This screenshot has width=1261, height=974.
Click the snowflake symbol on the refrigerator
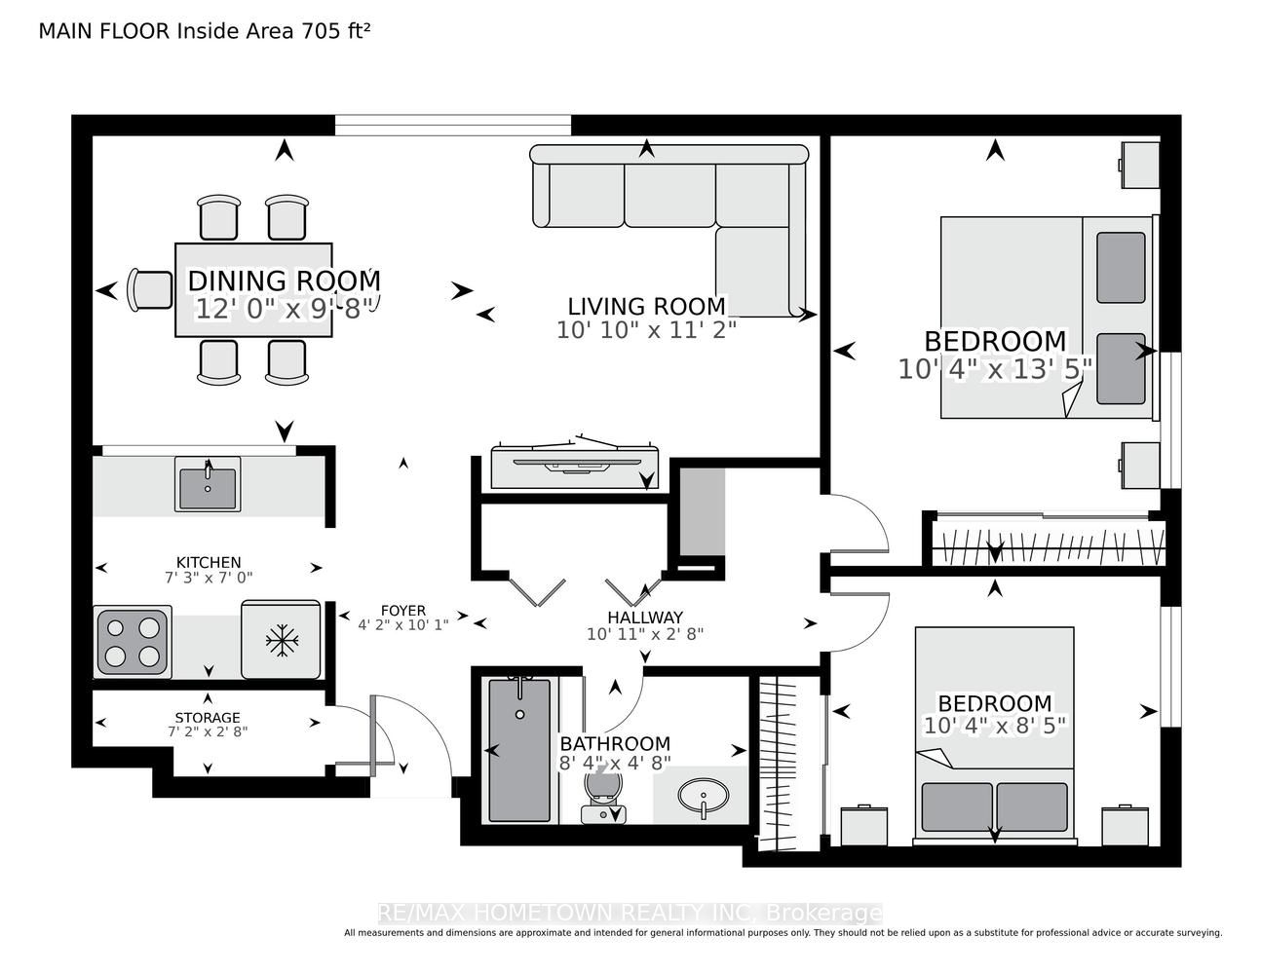pyautogui.click(x=282, y=640)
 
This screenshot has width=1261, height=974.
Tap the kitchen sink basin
pyautogui.click(x=208, y=488)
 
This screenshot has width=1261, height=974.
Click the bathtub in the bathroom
pyautogui.click(x=519, y=750)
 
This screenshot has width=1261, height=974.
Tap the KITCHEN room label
pyautogui.click(x=209, y=562)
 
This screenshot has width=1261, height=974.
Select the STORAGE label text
pyautogui.click(x=208, y=718)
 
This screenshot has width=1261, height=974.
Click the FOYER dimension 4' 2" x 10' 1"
pyautogui.click(x=403, y=625)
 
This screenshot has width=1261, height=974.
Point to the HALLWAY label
pyautogui.click(x=645, y=618)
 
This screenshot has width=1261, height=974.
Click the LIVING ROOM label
pyautogui.click(x=646, y=306)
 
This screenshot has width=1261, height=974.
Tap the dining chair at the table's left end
pyautogui.click(x=150, y=290)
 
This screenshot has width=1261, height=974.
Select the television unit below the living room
pyautogui.click(x=575, y=466)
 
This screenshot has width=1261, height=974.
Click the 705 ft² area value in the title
pyautogui.click(x=335, y=31)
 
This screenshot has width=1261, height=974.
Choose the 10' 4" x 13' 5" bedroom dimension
pyautogui.click(x=995, y=369)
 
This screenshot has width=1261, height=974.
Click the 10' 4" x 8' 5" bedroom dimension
pyautogui.click(x=995, y=726)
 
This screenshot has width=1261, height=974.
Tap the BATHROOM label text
pyautogui.click(x=615, y=743)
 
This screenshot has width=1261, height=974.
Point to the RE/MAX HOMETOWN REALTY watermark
pyautogui.click(x=630, y=914)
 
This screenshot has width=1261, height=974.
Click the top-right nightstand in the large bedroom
pyautogui.click(x=1139, y=165)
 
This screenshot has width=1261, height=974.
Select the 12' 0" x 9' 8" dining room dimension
pyautogui.click(x=285, y=309)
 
